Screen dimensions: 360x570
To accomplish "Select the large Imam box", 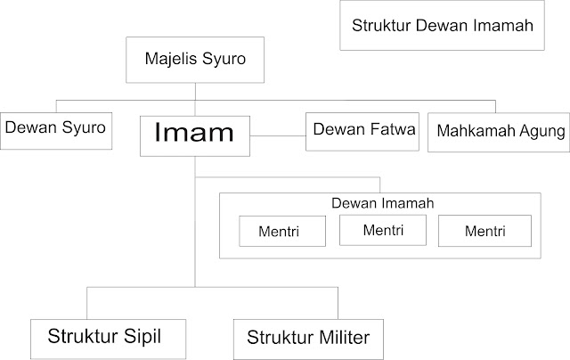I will [x=195, y=135].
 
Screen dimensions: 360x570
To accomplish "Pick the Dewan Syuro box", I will [x=55, y=128].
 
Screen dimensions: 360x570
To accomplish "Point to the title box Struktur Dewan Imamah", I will [x=443, y=26].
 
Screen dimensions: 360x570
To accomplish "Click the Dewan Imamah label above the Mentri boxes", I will [x=381, y=204].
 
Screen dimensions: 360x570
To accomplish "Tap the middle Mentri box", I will [x=384, y=230].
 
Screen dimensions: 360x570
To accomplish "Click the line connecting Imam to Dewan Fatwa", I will [x=279, y=135].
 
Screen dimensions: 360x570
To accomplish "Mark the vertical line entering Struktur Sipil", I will [x=86, y=302].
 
